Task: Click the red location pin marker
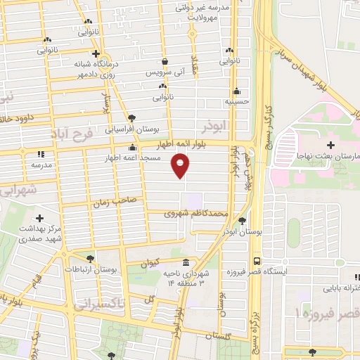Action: coord(181,167)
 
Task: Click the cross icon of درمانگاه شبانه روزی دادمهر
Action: coord(97,54)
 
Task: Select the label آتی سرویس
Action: coord(164,73)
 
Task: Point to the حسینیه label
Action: coord(237,101)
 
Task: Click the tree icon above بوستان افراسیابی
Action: coord(132,118)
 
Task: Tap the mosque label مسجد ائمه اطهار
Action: coord(135,158)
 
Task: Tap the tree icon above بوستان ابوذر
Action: coord(243,219)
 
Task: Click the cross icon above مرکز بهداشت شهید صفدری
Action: coord(39,219)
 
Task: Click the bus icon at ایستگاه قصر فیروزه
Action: coord(257,259)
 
